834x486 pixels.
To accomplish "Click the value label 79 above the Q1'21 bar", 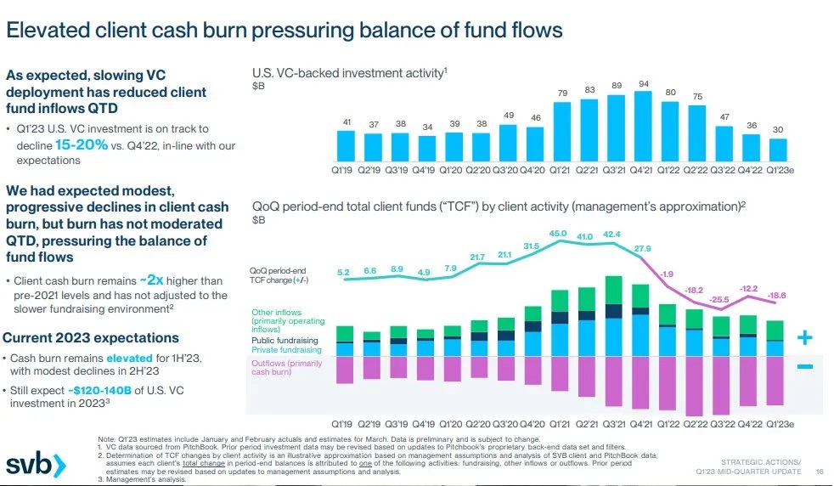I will pyautogui.click(x=562, y=92).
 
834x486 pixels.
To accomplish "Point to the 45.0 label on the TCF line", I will pyautogui.click(x=558, y=233).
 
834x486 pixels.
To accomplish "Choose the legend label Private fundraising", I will pyautogui.click(x=287, y=350).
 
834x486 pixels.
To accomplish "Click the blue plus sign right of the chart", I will pyautogui.click(x=805, y=339).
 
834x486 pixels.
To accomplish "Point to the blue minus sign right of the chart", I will pyautogui.click(x=805, y=366).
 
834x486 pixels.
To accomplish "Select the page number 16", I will pyautogui.click(x=820, y=472).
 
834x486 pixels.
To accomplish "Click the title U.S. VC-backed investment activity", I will pyautogui.click(x=347, y=73).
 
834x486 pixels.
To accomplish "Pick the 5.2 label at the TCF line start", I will pyautogui.click(x=344, y=272).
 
